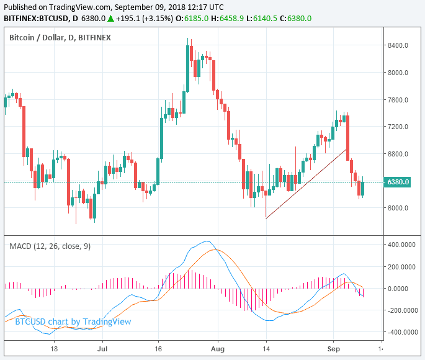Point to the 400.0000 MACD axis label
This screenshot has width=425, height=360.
pos(400,245)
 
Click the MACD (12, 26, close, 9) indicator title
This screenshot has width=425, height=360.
pos(50,246)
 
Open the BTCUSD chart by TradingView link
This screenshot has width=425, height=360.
pos(73,322)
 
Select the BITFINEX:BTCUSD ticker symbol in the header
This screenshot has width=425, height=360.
pos(35,19)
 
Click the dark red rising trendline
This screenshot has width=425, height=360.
pos(305,184)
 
